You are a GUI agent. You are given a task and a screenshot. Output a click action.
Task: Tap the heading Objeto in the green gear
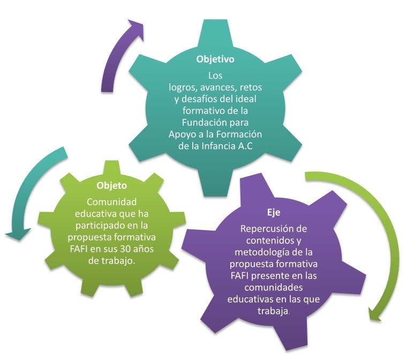click(x=111, y=186)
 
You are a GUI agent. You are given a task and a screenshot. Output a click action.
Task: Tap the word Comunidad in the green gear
click(x=111, y=202)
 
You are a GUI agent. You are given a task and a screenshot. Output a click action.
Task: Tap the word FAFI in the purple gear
click(x=242, y=276)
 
